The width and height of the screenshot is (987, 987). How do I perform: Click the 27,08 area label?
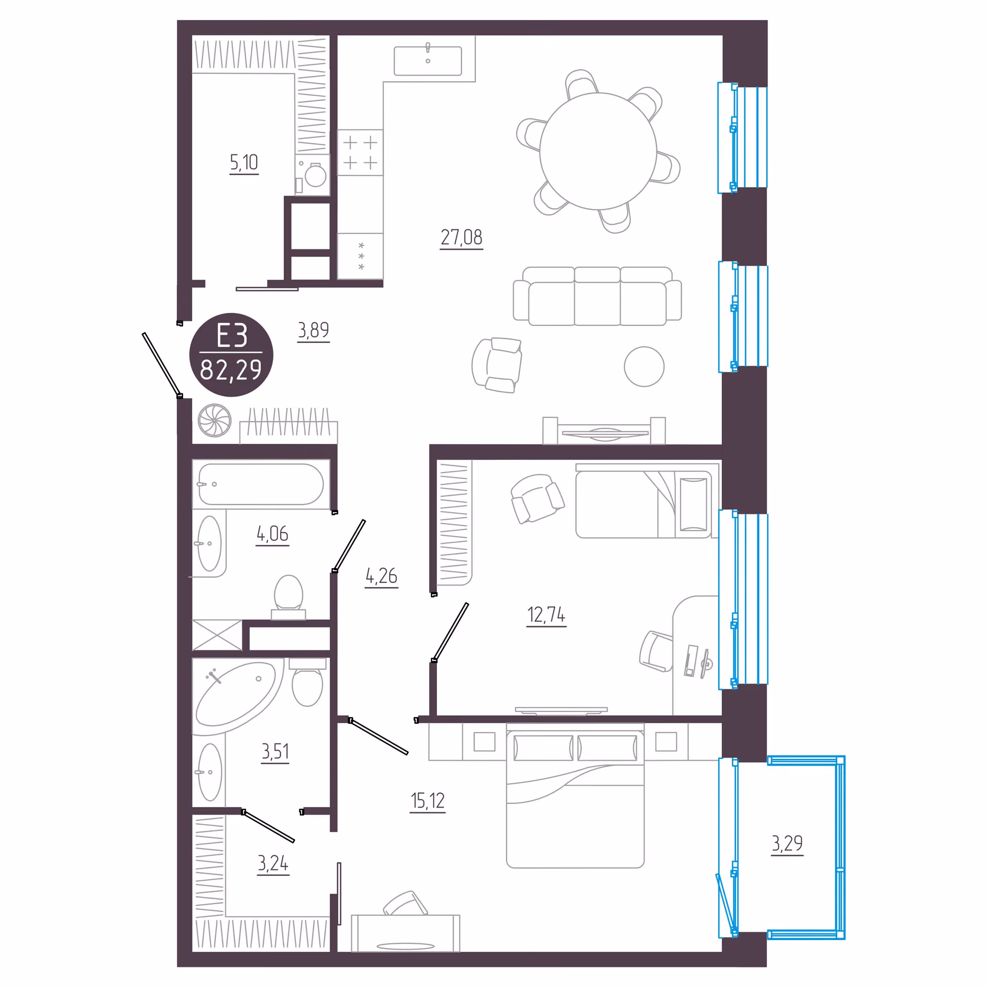(x=461, y=237)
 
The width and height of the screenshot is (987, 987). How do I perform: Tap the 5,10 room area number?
(x=244, y=163)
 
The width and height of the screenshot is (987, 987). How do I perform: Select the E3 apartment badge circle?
(x=231, y=355)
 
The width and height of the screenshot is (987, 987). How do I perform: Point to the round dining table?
(x=598, y=151)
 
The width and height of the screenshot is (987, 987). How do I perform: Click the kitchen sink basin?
(x=428, y=61)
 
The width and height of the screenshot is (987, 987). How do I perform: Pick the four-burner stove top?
(x=360, y=153)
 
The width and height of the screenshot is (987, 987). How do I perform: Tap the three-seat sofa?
(x=597, y=296)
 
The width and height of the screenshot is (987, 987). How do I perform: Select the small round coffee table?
(x=644, y=367)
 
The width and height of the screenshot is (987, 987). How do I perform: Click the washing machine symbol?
(x=313, y=175)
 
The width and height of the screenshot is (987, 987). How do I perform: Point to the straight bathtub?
(x=261, y=484)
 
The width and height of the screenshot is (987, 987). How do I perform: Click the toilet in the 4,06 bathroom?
(x=288, y=597)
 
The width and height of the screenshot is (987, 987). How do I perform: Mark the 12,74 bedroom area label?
(x=546, y=615)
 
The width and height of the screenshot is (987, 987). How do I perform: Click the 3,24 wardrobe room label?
(x=273, y=864)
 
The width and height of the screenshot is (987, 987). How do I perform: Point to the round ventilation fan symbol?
(x=214, y=421)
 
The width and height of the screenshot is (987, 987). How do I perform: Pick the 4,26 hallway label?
(x=381, y=576)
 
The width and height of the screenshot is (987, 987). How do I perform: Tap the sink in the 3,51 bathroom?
(x=210, y=772)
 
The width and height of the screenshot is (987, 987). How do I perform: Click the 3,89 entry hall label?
(x=313, y=330)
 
